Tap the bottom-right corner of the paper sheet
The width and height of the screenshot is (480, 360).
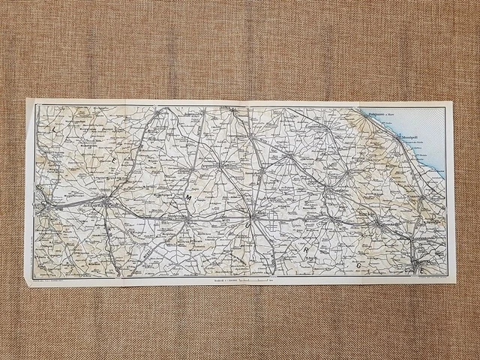tap(456, 284)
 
